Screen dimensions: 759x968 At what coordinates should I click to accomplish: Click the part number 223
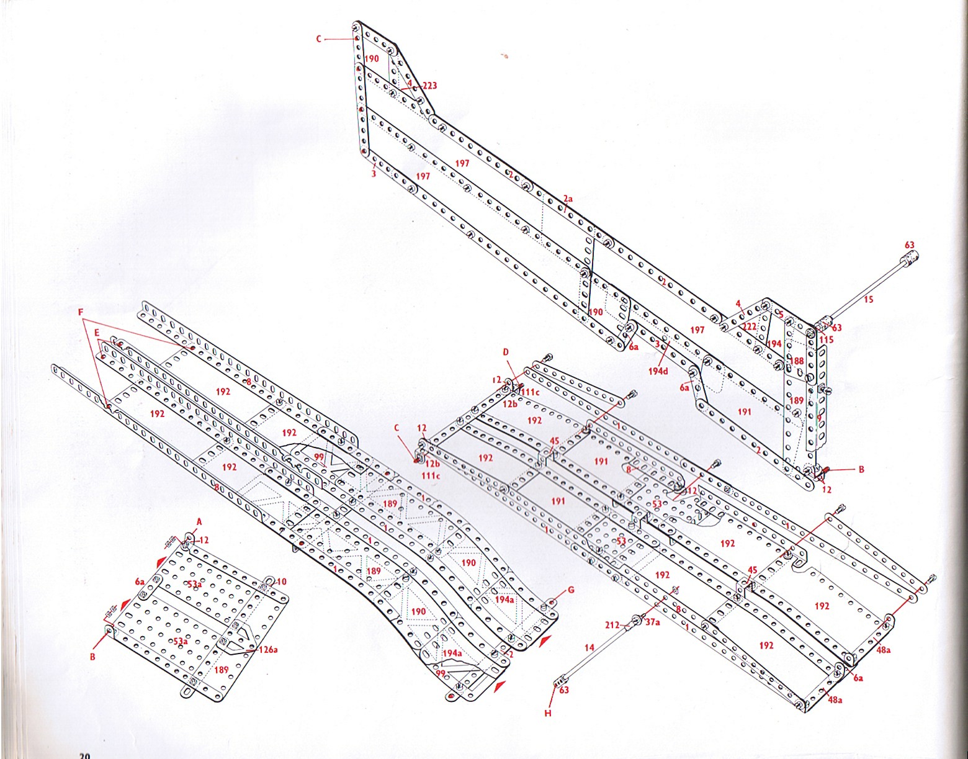(429, 86)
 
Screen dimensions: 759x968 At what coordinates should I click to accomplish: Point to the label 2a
(568, 199)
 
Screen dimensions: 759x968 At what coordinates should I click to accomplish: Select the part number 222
(750, 327)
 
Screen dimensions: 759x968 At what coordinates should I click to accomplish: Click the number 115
(827, 339)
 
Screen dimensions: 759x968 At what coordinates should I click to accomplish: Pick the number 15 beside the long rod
(868, 300)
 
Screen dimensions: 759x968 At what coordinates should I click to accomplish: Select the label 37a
(653, 622)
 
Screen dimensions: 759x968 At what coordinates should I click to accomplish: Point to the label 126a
(269, 650)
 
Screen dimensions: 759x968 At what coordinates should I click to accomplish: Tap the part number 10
(281, 582)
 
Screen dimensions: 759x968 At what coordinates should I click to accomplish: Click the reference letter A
(199, 522)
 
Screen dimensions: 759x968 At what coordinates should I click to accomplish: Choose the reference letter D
(506, 353)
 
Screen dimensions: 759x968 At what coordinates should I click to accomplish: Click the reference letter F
(81, 312)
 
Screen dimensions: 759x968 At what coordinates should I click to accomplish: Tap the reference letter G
(571, 590)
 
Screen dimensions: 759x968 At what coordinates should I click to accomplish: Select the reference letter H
(548, 714)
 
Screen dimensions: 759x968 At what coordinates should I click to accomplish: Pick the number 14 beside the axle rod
(589, 647)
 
